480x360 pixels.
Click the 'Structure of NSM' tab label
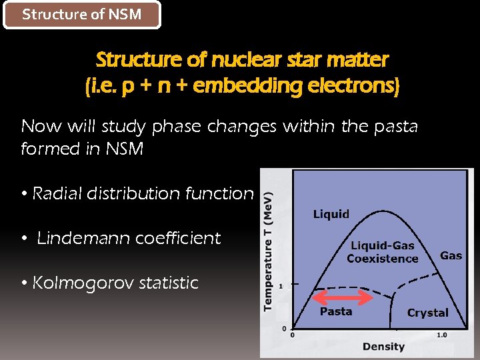click(x=82, y=15)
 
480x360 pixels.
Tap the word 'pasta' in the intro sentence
click(x=393, y=126)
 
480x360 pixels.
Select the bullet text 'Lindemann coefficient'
click(x=129, y=238)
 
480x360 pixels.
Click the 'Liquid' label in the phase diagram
click(x=331, y=214)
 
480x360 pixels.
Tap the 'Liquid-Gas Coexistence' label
click(x=383, y=252)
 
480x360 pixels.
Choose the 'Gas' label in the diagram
click(x=451, y=255)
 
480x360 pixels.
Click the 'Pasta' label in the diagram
click(x=336, y=311)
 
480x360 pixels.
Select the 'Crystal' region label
click(x=427, y=313)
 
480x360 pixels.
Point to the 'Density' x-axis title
click(x=383, y=346)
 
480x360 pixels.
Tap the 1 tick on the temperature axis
click(x=281, y=286)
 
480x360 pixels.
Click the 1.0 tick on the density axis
click(x=441, y=335)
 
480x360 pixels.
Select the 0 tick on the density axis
click(x=291, y=335)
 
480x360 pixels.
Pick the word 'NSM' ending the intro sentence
click(x=124, y=149)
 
